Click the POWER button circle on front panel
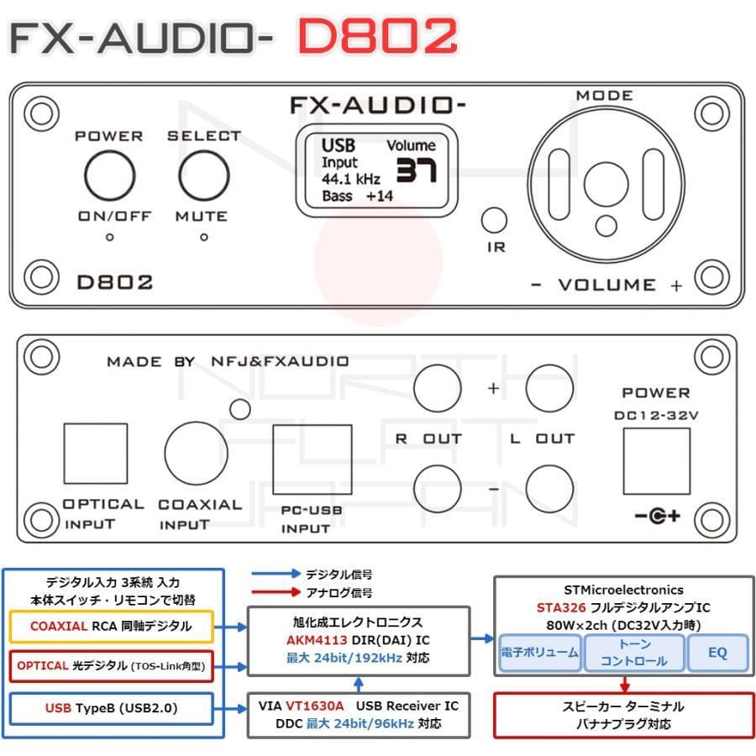tap(109, 176)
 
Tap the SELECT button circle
tap(203, 176)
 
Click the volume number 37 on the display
tap(416, 171)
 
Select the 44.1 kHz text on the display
tap(351, 179)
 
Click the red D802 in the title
tap(377, 36)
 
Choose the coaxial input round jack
tap(196, 453)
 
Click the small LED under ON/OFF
tap(109, 238)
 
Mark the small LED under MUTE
tap(203, 238)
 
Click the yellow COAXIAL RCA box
tap(110, 627)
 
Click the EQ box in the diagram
tap(717, 652)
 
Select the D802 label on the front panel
tap(115, 282)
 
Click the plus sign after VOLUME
tap(676, 286)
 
